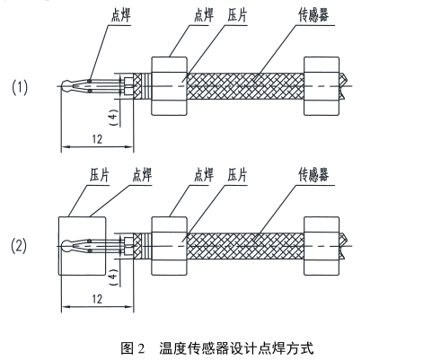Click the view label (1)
[20, 88]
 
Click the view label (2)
[19, 246]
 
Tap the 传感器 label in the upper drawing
[313, 15]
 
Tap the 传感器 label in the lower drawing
[313, 174]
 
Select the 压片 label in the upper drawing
[237, 15]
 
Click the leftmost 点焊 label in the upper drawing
[121, 15]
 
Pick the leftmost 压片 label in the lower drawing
[100, 174]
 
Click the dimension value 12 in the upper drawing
[97, 139]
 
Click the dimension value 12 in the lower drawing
[97, 299]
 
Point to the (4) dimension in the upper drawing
[114, 117]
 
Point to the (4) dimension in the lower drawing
[114, 277]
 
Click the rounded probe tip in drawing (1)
[66, 86]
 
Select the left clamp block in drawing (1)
[170, 86]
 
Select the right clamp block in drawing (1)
[322, 86]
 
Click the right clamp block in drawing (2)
[322, 246]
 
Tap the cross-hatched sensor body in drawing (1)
[245, 86]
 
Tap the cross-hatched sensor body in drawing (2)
[245, 246]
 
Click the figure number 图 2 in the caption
[133, 348]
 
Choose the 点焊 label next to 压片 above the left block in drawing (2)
[142, 174]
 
